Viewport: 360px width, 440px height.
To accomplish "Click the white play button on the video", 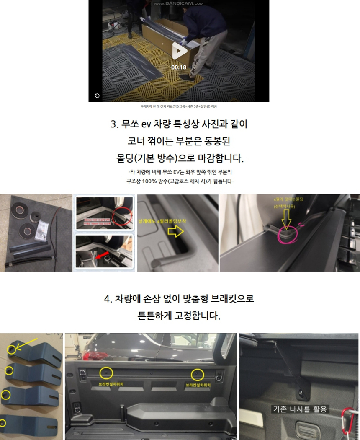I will [x=180, y=51].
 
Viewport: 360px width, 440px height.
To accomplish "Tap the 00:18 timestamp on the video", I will [x=179, y=67].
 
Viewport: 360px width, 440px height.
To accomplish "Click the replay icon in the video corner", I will [x=97, y=96].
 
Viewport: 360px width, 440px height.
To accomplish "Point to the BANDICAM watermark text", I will [x=178, y=3].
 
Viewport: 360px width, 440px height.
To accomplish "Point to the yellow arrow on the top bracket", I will [x=27, y=342].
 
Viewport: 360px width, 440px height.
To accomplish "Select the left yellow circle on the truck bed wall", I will [x=107, y=373].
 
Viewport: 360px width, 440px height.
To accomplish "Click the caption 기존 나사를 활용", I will [x=300, y=409].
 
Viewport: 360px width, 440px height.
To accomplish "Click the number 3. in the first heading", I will [x=115, y=124].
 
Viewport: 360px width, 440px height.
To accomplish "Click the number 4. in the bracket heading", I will [x=108, y=299].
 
